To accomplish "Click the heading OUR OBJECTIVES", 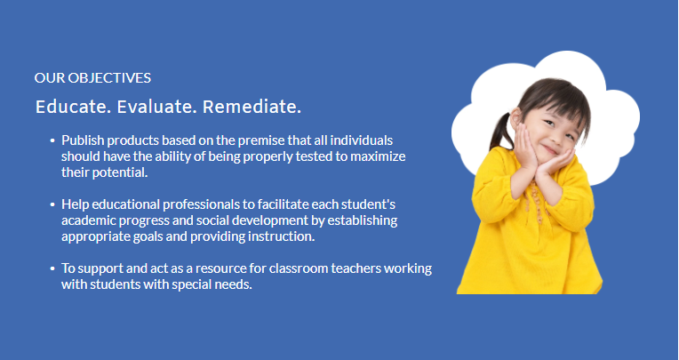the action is (92, 78).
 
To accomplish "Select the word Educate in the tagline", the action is (73, 107).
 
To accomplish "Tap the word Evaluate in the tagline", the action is (156, 107).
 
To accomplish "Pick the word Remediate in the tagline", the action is (252, 107).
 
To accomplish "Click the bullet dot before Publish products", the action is (52, 140).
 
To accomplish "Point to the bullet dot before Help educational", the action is (52, 204).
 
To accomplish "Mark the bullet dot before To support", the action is (52, 268).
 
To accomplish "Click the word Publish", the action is (83, 140).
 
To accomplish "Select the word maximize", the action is (378, 156).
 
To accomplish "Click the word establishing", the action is (362, 220).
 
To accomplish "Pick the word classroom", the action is (299, 268).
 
